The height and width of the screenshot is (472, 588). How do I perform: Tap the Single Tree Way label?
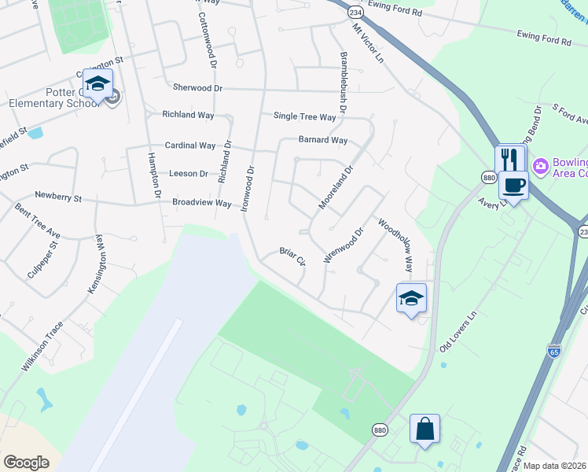point(304,116)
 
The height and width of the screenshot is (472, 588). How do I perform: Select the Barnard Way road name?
point(322,140)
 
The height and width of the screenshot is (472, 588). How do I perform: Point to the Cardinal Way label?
point(189,146)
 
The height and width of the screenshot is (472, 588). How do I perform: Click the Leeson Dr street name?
point(189,173)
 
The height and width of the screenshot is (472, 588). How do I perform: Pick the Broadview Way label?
point(202,202)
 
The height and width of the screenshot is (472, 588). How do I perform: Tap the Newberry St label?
point(58,197)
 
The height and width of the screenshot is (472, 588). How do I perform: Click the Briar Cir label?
point(292,257)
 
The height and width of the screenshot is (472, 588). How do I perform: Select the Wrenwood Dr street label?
point(344,245)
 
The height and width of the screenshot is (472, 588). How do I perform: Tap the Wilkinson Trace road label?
point(43,346)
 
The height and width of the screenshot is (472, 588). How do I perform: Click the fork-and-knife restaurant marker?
point(509,159)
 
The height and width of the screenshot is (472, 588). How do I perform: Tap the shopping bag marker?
point(424,429)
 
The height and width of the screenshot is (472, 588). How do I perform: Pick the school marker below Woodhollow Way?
point(411,298)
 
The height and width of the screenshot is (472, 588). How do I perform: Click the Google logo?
point(27,463)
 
